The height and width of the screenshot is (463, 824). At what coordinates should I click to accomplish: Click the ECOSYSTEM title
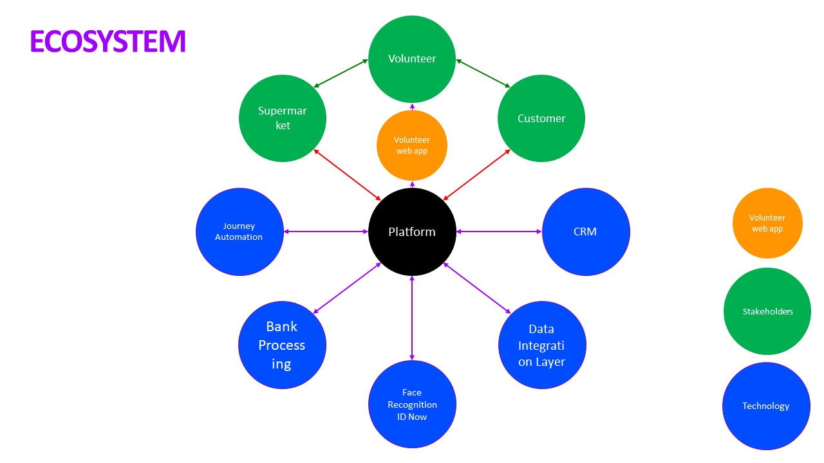pos(108,41)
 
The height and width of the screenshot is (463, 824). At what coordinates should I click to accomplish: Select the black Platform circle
pos(412,232)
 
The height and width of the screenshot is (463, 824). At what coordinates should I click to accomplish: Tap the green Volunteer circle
pos(412,59)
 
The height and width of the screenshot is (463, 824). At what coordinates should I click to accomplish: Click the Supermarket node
pos(283,118)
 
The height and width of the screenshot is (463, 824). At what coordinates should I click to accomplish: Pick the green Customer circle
pos(541,118)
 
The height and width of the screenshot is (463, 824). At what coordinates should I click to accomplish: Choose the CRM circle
pos(586,232)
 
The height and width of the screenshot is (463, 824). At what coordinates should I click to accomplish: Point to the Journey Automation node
pos(239,232)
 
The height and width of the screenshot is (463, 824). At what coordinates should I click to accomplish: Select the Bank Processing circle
pos(282,345)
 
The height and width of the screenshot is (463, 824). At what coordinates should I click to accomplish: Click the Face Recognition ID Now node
pos(412,404)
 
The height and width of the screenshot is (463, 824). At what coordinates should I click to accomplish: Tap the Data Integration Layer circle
pos(542,345)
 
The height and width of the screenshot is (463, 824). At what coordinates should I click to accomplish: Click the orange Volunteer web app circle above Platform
pos(412,145)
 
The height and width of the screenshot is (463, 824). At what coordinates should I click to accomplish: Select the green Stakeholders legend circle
pos(767,311)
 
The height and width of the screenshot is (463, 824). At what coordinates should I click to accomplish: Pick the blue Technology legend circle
pos(766,406)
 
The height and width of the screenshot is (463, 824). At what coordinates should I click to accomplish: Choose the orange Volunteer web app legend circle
pos(767,223)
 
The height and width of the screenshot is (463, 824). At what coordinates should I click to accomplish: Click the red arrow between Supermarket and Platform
pos(347,175)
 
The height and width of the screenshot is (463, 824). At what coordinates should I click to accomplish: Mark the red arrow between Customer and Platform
pos(477,175)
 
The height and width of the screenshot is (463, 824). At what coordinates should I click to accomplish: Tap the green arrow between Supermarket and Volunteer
pos(341,73)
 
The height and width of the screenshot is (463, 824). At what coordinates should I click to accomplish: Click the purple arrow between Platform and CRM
pos(499,232)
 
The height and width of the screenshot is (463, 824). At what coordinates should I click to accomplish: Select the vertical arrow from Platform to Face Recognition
pos(412,318)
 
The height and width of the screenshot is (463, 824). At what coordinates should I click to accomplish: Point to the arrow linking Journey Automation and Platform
pos(326,232)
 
